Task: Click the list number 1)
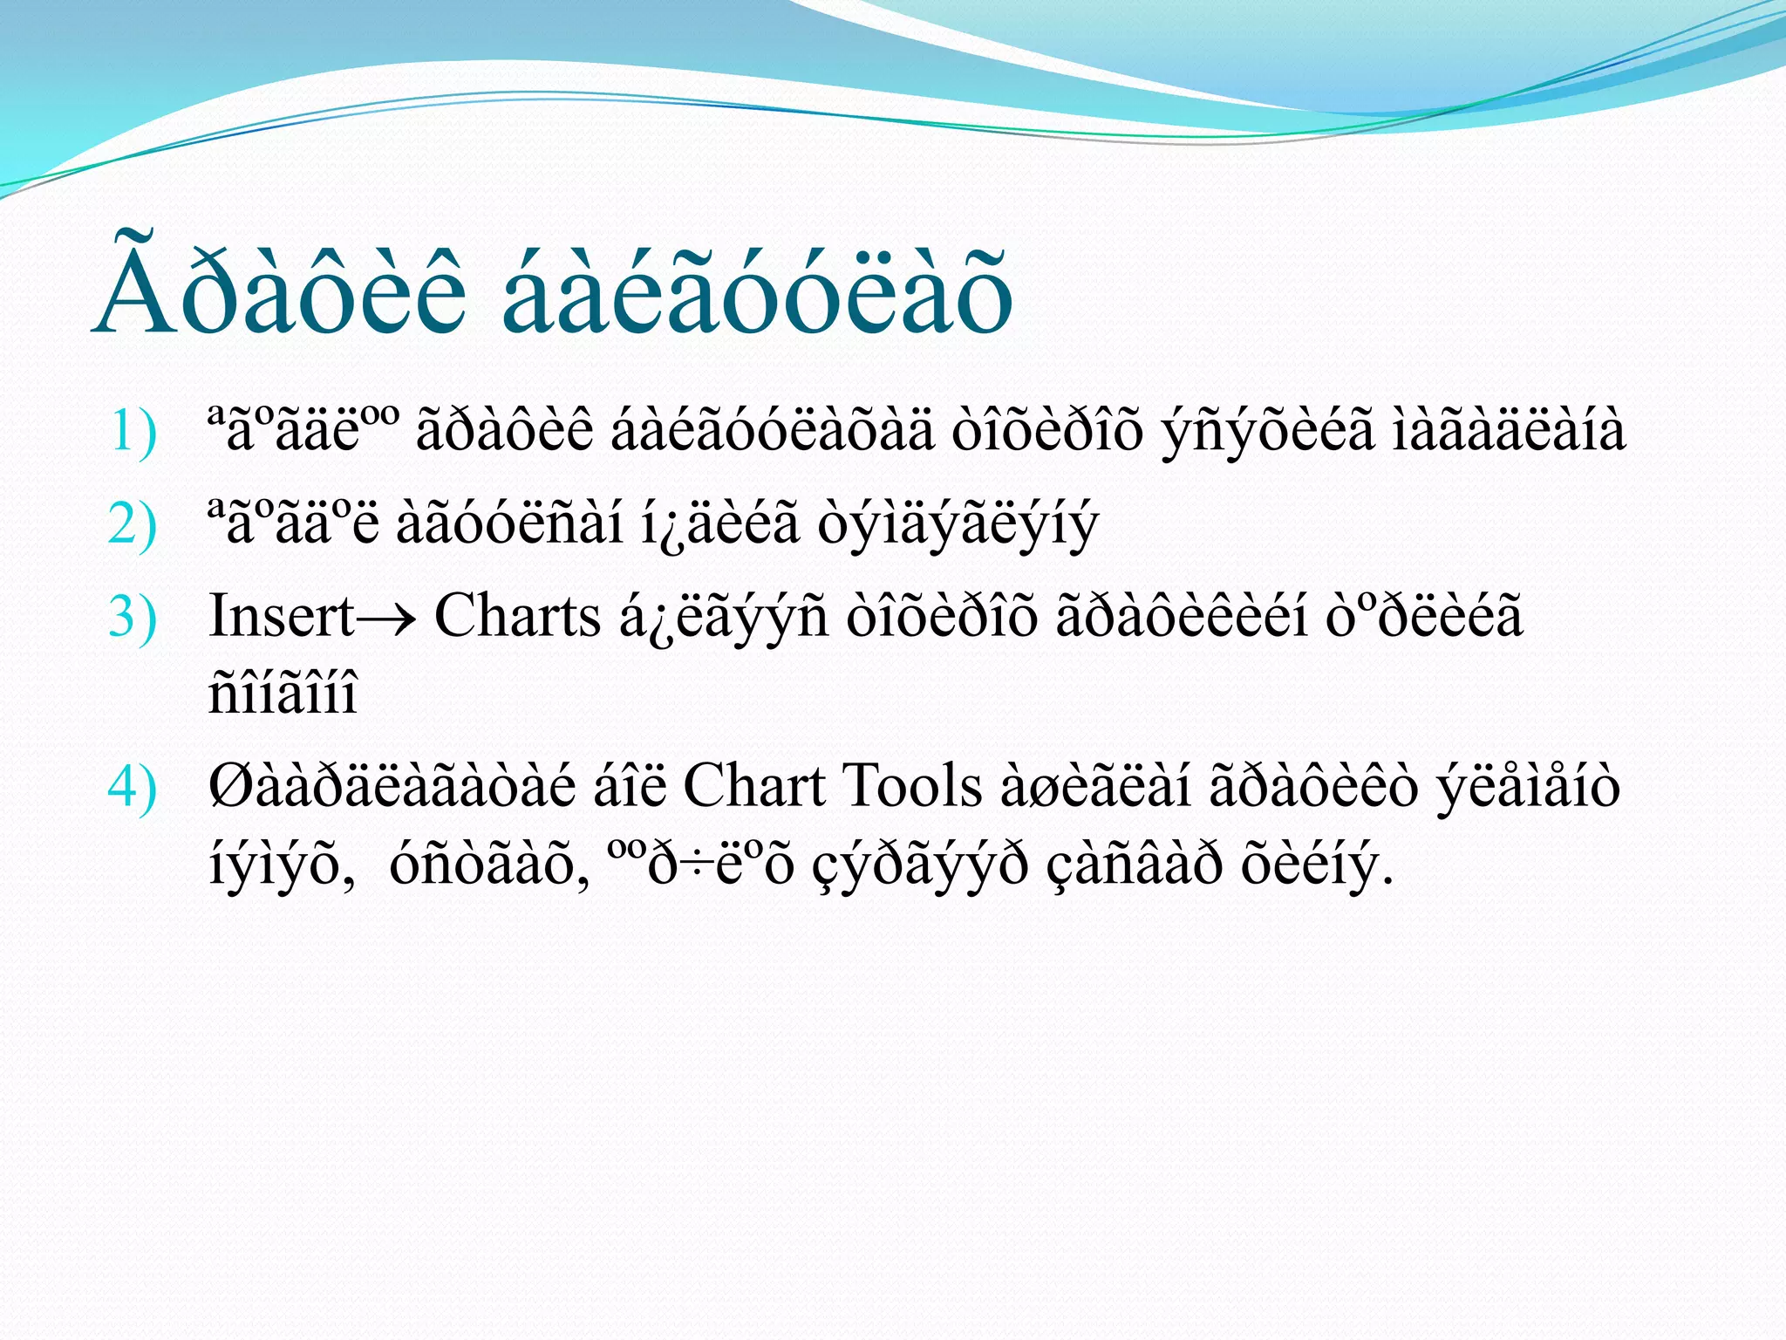(x=133, y=431)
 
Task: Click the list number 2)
(x=133, y=524)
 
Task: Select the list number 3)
(x=133, y=617)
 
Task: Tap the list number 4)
(x=133, y=786)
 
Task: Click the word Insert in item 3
(x=281, y=616)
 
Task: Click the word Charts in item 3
(x=517, y=616)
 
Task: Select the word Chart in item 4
(x=753, y=785)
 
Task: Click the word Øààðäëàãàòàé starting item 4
(x=392, y=785)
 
